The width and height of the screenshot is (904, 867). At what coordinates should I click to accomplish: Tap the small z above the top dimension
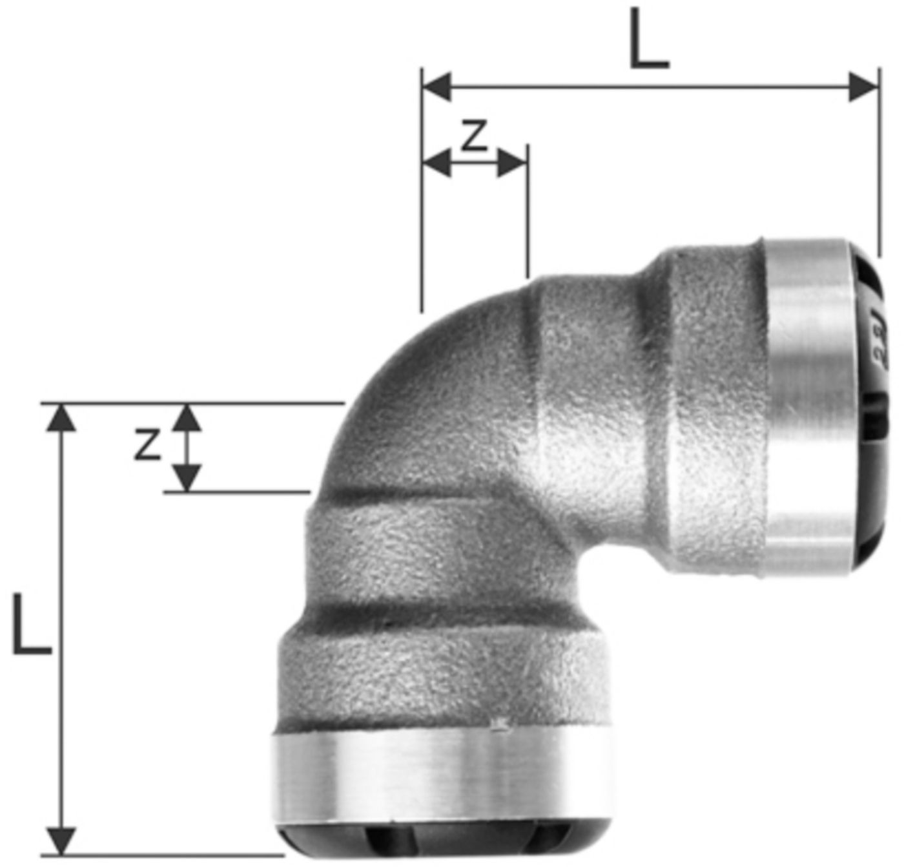pos(475,136)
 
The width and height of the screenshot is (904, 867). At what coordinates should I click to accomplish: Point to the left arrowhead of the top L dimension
pos(437,87)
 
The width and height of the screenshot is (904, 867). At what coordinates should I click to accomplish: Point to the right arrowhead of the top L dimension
pos(864,87)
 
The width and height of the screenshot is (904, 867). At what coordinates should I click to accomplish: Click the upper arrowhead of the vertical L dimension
pos(62,417)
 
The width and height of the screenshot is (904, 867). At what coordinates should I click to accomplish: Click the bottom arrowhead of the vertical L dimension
pos(62,840)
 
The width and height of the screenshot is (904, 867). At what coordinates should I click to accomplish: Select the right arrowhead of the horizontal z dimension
pos(513,162)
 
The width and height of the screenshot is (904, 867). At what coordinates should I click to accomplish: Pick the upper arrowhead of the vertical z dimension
pos(187,418)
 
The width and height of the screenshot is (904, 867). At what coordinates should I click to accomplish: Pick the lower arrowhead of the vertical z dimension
pos(187,477)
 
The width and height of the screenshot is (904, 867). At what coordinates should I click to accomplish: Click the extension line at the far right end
pos(878,162)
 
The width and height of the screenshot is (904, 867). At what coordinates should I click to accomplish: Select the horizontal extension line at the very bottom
pos(161,855)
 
